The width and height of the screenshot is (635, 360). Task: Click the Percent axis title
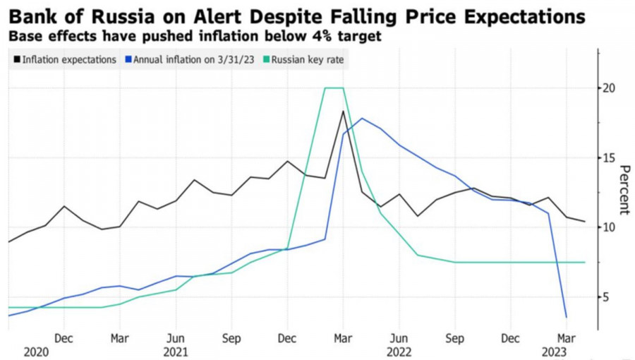624,191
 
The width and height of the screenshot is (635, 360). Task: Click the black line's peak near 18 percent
343,112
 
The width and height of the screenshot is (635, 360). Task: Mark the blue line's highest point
362,119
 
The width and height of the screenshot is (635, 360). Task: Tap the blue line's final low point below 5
566,317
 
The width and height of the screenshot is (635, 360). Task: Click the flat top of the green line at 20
334,88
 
